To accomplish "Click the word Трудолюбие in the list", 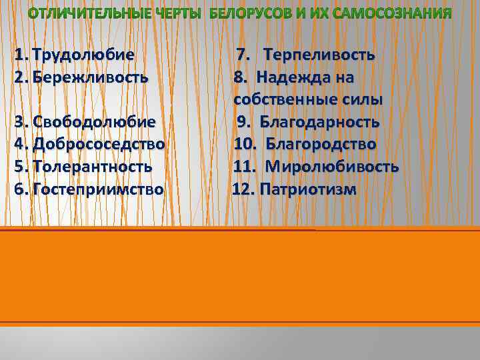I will pyautogui.click(x=83, y=54).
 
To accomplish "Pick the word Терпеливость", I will pyautogui.click(x=318, y=54).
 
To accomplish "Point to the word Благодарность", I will pyautogui.click(x=319, y=122).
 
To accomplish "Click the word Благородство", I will pyautogui.click(x=321, y=144).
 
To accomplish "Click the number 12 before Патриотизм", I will pyautogui.click(x=243, y=189).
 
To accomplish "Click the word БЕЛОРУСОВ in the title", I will pyautogui.click(x=256, y=13).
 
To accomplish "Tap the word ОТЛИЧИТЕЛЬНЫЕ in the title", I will pyautogui.click(x=86, y=13).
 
